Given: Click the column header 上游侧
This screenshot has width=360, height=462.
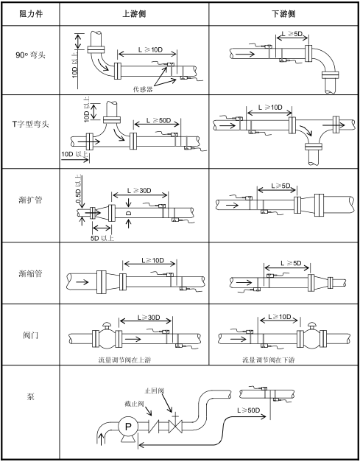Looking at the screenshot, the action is click(x=134, y=14).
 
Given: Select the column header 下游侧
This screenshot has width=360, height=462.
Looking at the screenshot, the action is click(x=283, y=14).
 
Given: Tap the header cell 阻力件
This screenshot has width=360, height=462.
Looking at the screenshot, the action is click(x=31, y=14).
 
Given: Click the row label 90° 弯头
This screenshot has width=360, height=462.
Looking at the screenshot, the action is click(x=31, y=55).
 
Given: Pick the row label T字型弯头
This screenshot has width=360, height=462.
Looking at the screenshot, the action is click(x=30, y=124).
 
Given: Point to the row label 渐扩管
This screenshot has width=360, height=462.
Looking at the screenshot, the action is click(x=30, y=200).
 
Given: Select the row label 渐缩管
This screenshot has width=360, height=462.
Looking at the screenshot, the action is click(x=30, y=273).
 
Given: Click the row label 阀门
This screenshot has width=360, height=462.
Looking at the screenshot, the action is click(x=31, y=335).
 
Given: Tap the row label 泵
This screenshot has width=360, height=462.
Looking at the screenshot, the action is click(x=31, y=396).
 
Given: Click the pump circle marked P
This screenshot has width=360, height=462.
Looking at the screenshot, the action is click(x=128, y=426).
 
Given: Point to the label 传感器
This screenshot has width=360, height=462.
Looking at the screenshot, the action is click(x=143, y=89).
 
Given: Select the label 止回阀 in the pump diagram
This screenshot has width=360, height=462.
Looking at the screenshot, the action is click(x=155, y=391).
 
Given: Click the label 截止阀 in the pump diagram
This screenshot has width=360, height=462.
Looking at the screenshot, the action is click(x=134, y=403).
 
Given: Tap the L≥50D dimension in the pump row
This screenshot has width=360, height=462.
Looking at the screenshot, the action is click(x=249, y=410).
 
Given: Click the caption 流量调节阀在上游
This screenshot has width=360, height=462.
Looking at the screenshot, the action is click(x=125, y=360).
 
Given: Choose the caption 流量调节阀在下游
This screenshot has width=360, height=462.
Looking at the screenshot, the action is click(x=269, y=360).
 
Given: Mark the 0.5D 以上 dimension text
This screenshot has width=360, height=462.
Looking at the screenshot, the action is click(x=79, y=189).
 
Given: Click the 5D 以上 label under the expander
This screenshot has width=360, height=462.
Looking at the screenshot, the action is click(x=102, y=238).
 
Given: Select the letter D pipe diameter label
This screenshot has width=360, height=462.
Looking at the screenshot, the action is click(x=129, y=214).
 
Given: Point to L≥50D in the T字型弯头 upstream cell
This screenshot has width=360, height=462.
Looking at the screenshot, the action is click(x=159, y=121).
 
